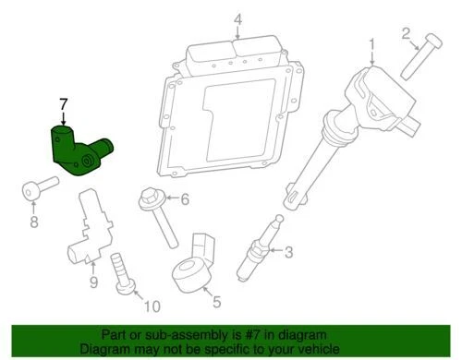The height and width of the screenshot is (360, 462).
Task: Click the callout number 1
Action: (372, 43)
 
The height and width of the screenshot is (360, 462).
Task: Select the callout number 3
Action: (287, 251)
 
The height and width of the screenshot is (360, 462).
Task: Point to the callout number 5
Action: (217, 300)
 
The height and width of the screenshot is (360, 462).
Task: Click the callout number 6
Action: (184, 198)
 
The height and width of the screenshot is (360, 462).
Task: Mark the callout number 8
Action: (34, 222)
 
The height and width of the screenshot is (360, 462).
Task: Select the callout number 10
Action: (152, 306)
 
